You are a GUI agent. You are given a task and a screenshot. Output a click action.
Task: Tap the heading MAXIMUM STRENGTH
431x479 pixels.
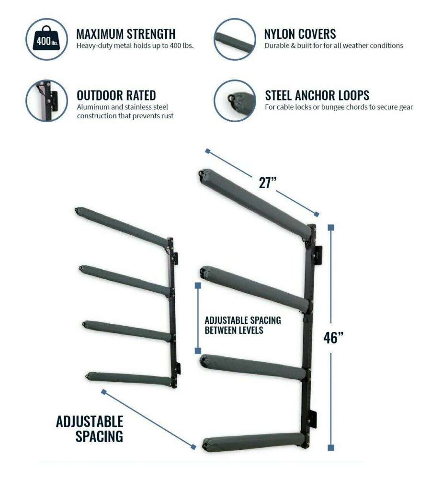(126, 34)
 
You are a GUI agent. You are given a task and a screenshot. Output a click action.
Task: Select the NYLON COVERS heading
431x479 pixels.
(300, 34)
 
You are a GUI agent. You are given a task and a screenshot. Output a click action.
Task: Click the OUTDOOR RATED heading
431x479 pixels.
(116, 95)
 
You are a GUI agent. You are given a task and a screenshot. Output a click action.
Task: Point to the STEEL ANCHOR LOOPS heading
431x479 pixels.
(317, 95)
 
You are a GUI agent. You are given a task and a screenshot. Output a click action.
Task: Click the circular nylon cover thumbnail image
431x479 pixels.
(235, 39)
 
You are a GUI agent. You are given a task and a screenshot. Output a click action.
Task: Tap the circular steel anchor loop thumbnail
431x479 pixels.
(235, 101)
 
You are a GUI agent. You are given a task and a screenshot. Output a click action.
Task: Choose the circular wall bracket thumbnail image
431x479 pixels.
(46, 101)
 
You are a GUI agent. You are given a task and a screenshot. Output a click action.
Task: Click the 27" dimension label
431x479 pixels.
(268, 182)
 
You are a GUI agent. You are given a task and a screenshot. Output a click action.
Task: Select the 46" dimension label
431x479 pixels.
(333, 338)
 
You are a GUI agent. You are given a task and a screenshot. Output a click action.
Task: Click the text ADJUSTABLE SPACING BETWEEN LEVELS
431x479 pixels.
(243, 325)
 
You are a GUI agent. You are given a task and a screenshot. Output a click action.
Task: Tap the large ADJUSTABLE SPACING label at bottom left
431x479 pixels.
(90, 429)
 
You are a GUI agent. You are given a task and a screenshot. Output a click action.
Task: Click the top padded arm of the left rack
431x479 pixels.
(122, 226)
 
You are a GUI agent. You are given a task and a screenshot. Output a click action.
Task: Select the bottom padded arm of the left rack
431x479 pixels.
(129, 378)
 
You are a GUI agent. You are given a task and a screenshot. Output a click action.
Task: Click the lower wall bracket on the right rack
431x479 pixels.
(312, 420)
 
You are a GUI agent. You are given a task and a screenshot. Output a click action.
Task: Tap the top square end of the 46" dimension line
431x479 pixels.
(330, 227)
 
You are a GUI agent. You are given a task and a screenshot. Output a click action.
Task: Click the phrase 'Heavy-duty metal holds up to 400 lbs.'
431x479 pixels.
(135, 46)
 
